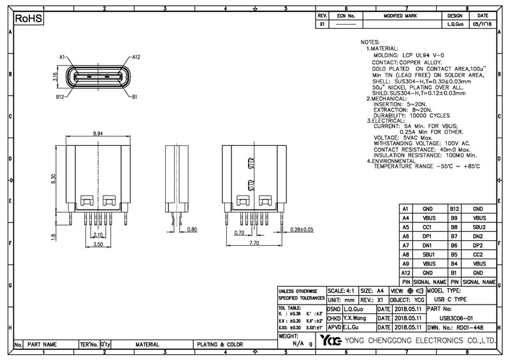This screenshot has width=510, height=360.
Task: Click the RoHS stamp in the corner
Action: click(x=29, y=19)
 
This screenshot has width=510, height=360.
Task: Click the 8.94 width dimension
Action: click(x=98, y=134)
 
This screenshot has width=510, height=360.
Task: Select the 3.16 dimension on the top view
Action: click(x=55, y=77)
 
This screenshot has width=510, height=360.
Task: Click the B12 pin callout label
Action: click(x=59, y=97)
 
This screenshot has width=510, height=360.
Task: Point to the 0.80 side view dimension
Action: click(x=193, y=229)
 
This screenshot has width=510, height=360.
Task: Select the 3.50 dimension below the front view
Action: click(x=98, y=244)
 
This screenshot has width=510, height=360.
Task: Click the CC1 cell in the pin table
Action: click(x=428, y=227)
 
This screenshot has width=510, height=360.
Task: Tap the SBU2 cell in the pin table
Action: click(x=479, y=227)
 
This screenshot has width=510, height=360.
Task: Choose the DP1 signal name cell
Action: click(x=428, y=236)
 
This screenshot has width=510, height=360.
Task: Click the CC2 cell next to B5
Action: click(x=479, y=254)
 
